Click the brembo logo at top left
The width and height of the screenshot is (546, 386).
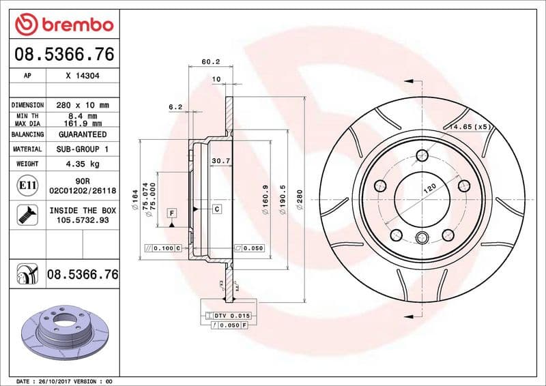pyautogui.click(x=63, y=25)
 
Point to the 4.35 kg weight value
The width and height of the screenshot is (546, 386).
pyautogui.click(x=83, y=164)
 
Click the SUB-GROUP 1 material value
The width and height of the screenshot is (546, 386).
pyautogui.click(x=83, y=149)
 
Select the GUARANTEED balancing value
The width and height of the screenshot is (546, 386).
pyautogui.click(x=83, y=135)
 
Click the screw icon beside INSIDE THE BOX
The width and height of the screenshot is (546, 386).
pyautogui.click(x=25, y=216)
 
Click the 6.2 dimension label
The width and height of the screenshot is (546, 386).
pyautogui.click(x=175, y=106)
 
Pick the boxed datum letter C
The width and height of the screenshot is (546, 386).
pyautogui.click(x=216, y=209)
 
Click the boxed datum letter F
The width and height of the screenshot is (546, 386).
pyautogui.click(x=171, y=213)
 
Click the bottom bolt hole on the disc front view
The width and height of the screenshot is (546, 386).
pyautogui.click(x=422, y=238)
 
